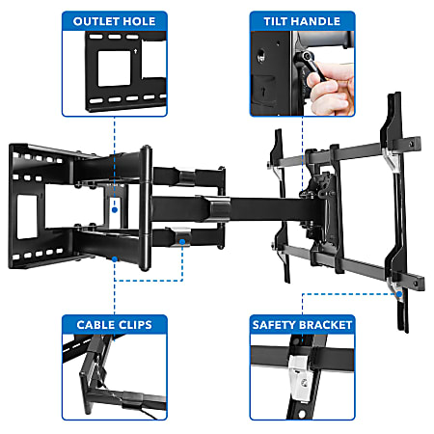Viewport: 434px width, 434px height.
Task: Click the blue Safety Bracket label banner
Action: coord(301,325)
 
